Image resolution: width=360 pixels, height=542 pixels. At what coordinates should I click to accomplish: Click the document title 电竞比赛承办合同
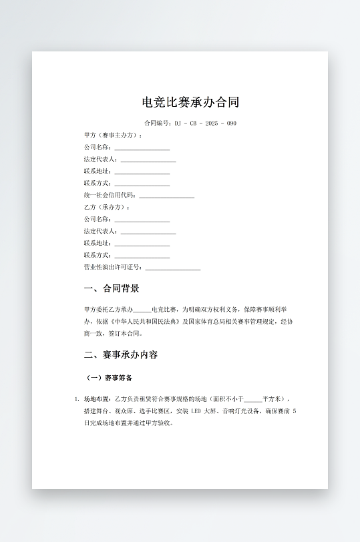pos(190,102)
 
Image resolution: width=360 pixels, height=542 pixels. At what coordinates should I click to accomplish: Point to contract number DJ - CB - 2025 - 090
pos(204,123)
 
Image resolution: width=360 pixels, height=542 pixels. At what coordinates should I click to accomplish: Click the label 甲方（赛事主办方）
pos(113,135)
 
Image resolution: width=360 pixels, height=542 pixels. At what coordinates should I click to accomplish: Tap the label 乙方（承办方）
pos(107,207)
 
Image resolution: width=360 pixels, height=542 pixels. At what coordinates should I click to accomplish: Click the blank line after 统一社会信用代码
pos(166,196)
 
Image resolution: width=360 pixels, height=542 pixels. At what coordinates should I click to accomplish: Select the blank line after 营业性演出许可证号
pos(172,268)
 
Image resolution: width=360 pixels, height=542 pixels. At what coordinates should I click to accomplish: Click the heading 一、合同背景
pos(112,288)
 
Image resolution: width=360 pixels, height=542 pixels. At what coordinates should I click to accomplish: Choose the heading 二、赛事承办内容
pos(121,354)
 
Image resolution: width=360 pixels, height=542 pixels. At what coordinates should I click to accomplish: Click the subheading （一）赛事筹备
pos(110,378)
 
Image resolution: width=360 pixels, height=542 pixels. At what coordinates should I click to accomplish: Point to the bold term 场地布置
pos(96,398)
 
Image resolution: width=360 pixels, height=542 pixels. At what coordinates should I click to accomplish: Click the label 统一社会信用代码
pos(110,195)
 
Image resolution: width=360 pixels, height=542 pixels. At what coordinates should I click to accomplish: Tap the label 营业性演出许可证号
pos(113,267)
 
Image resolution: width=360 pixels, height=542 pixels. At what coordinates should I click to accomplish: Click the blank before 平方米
pos(253,399)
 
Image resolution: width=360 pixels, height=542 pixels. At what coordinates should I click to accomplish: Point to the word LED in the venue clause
pos(196,411)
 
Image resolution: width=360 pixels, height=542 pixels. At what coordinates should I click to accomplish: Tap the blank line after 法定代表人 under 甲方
pos(148,160)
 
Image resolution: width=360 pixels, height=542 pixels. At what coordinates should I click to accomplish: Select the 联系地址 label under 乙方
pos(98,243)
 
